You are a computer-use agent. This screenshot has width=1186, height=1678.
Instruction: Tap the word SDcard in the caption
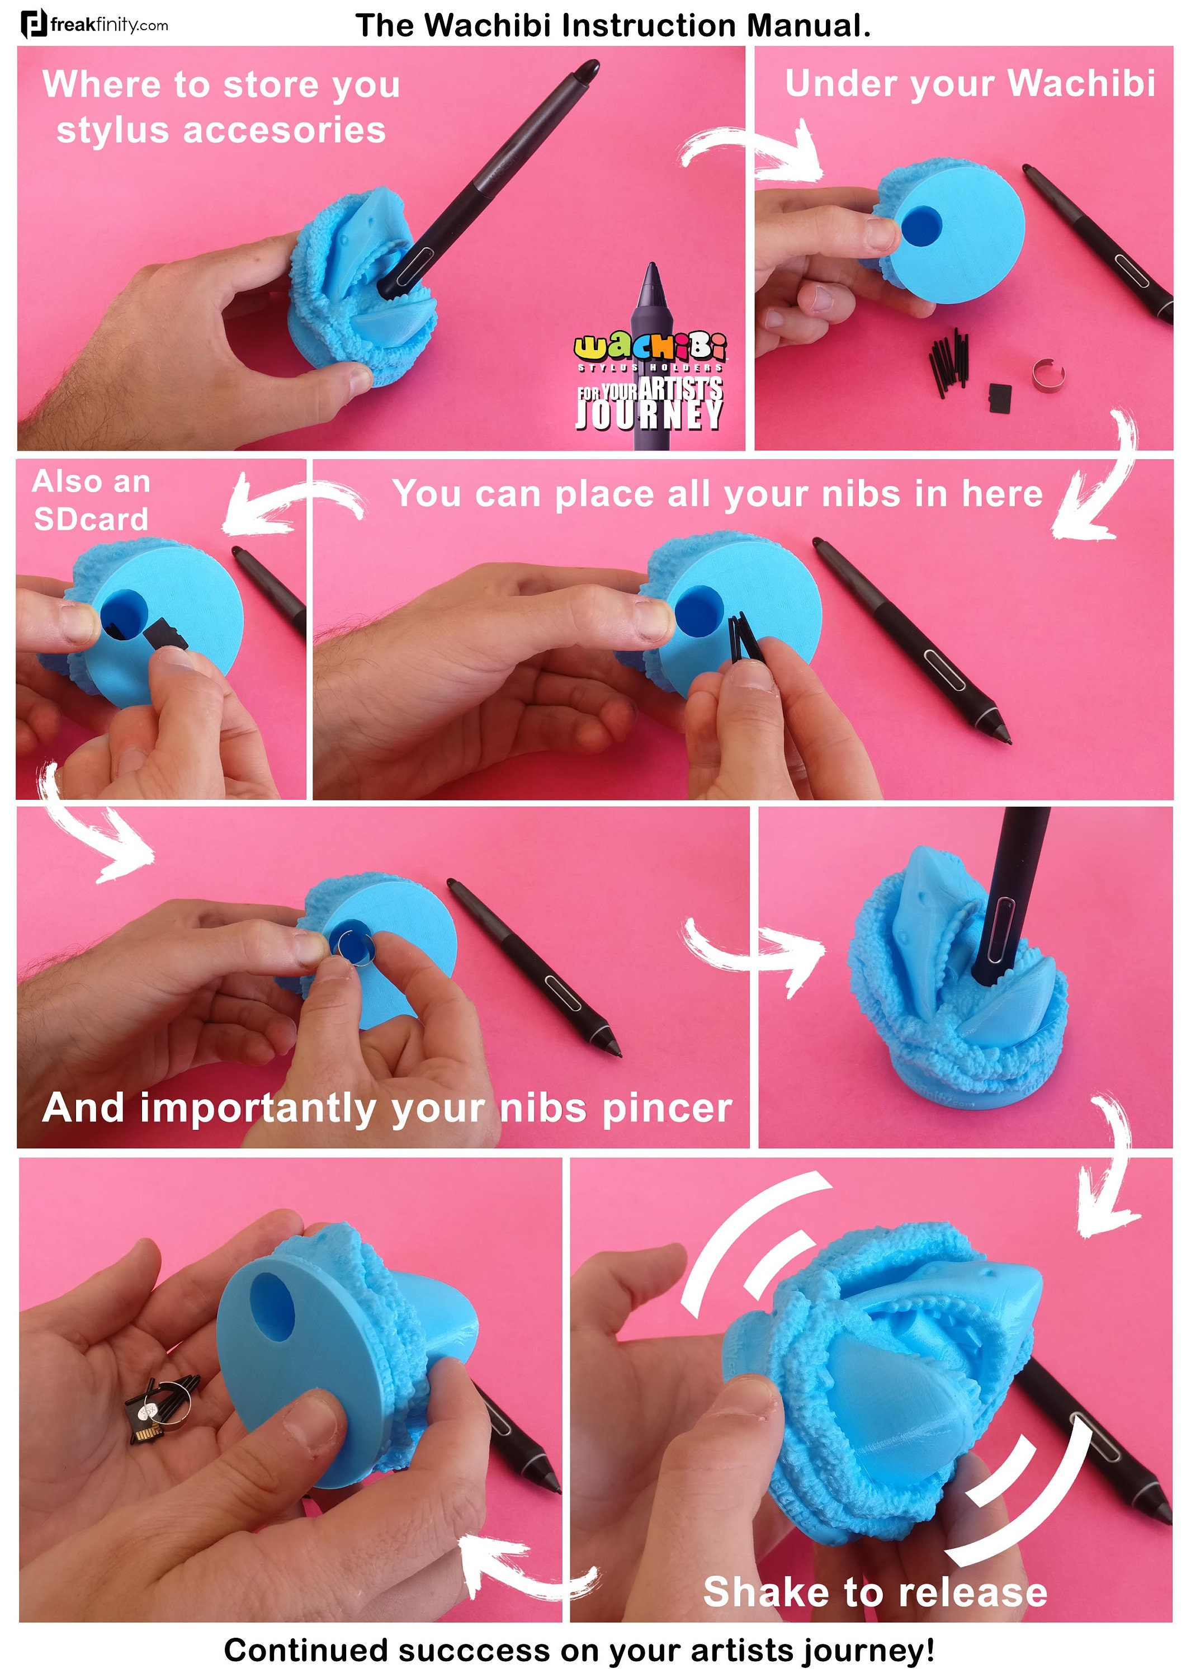click(x=91, y=519)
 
